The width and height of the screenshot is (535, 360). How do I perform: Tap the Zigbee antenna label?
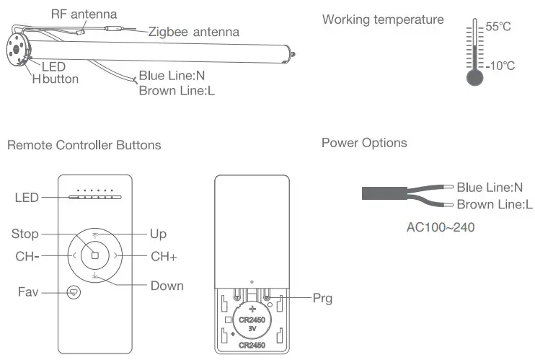click(194, 32)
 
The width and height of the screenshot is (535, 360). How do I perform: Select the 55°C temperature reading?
click(498, 27)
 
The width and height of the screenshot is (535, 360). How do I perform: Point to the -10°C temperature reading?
click(500, 66)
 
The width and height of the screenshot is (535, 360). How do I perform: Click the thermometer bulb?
click(474, 77)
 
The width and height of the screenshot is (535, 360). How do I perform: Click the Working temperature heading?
click(383, 19)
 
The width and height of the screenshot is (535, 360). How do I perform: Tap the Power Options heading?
click(364, 143)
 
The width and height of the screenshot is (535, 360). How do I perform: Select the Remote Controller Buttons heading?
click(84, 145)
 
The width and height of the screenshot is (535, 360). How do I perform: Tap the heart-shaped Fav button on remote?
click(74, 293)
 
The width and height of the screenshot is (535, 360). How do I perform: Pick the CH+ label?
click(164, 256)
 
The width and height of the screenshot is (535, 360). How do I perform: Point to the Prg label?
click(322, 297)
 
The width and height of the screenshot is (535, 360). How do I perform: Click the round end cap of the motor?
click(18, 51)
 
